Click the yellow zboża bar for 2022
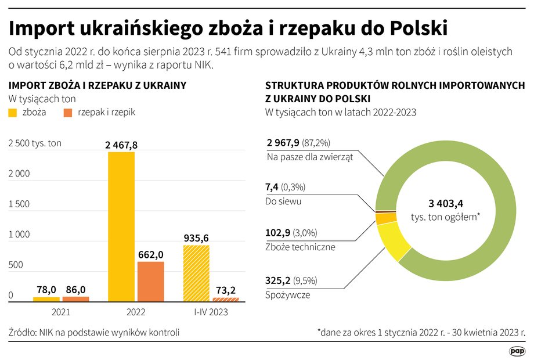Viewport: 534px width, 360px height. click(x=121, y=226)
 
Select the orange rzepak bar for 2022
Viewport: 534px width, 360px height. click(x=151, y=281)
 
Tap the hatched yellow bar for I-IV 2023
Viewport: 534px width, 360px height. click(x=196, y=273)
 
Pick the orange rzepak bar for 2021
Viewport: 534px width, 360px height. click(x=75, y=298)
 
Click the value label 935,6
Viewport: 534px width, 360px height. click(x=197, y=238)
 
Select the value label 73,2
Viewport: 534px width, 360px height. click(x=226, y=290)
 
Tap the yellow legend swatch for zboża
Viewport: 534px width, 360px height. click(x=13, y=113)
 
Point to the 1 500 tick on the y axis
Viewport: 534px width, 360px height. click(x=19, y=204)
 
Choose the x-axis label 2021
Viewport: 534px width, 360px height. click(x=61, y=312)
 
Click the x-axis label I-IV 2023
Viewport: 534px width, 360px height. click(x=211, y=312)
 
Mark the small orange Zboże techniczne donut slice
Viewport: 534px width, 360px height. click(x=385, y=218)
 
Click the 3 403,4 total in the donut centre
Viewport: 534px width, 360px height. click(x=446, y=203)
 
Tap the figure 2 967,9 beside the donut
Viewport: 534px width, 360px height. click(x=283, y=143)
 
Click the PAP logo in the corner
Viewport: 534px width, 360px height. click(x=517, y=350)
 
